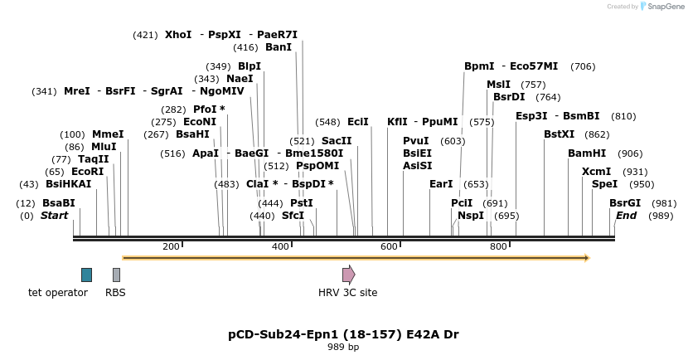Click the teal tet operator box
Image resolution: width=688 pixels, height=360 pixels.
[86, 275]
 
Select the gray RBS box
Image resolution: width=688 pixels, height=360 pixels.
[116, 275]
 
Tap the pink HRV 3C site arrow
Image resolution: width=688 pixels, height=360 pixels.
[348, 275]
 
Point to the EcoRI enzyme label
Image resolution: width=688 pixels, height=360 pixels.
[87, 171]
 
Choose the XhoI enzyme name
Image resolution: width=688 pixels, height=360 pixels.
[178, 35]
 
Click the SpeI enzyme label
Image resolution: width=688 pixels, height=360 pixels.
[604, 184]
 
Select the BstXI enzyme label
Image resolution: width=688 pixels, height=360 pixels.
[559, 134]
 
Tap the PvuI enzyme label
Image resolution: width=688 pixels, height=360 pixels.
[416, 141]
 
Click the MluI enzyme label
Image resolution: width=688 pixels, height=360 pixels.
[104, 147]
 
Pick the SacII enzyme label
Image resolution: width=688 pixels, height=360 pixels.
[337, 141]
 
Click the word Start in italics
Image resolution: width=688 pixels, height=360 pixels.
[55, 216]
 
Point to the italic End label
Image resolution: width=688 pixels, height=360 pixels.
[626, 216]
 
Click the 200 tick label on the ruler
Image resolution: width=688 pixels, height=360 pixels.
[171, 246]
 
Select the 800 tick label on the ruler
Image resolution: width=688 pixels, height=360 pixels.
[497, 246]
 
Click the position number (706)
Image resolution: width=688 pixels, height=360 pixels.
[583, 66]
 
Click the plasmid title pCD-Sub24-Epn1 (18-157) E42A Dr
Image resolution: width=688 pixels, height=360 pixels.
[343, 334]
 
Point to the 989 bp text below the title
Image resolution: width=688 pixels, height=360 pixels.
[343, 347]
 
